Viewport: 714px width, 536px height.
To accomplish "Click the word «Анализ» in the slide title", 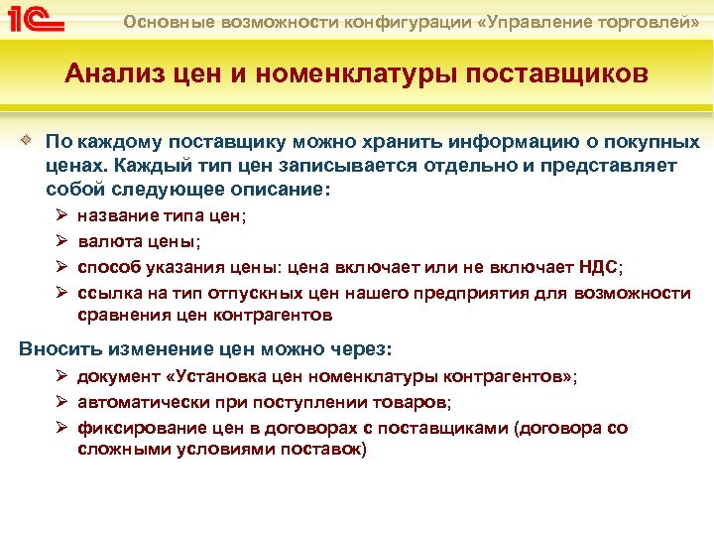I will tap(109, 74).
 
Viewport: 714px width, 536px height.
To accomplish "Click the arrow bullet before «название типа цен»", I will tap(59, 215).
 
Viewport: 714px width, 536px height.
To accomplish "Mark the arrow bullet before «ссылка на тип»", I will tap(59, 293).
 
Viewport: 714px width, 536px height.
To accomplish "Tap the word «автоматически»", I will tap(140, 403).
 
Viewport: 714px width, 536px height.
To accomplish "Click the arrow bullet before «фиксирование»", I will tap(59, 429).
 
